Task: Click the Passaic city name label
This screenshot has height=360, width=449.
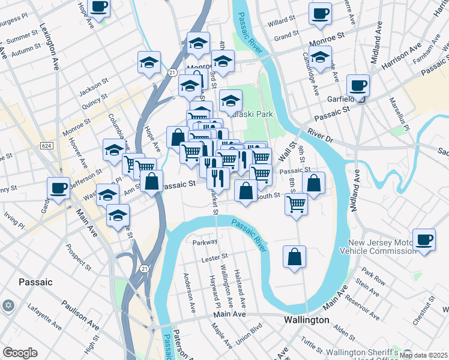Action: pos(35,281)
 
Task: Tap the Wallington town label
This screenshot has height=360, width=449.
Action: pos(306,320)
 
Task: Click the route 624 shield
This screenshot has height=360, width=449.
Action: pos(46,146)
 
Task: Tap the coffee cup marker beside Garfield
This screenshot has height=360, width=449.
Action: pos(358,85)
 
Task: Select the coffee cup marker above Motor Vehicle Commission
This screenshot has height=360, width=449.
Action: pos(424,239)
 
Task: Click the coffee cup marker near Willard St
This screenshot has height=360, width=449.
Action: pos(320,13)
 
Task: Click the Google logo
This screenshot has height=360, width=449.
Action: pos(20,353)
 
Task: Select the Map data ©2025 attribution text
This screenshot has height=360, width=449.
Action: pos(423,355)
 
